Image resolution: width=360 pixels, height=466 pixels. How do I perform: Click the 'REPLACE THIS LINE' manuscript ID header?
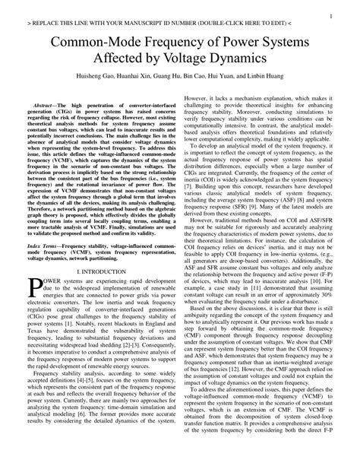click(x=180, y=24)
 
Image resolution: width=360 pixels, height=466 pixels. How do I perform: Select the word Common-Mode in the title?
click(x=87, y=43)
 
